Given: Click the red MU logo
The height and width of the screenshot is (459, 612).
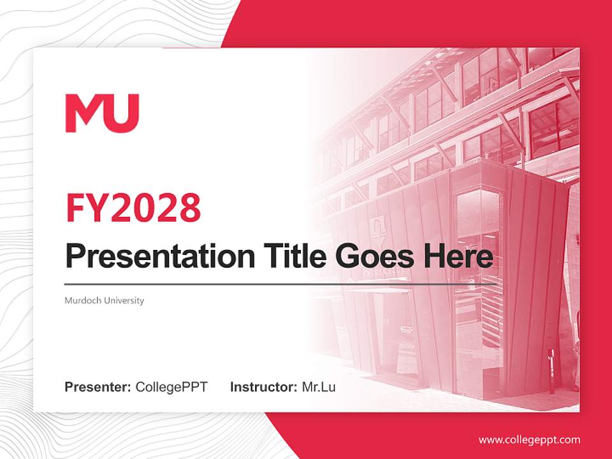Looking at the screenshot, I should [x=102, y=113].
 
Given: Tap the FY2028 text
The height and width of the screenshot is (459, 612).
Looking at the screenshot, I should [x=133, y=207].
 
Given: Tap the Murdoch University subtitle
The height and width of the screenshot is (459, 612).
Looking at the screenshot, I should [x=104, y=300].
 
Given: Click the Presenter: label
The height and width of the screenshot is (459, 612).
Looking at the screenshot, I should [x=98, y=387].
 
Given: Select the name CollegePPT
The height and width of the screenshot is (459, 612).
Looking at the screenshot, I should [x=171, y=387].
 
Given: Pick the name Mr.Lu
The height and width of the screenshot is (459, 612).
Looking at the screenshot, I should [x=319, y=387].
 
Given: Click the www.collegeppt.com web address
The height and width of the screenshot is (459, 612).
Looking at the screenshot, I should [x=529, y=439].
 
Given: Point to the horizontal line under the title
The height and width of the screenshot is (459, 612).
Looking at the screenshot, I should [x=255, y=284].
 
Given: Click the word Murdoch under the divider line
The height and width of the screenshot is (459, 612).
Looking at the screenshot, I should [x=82, y=300].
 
